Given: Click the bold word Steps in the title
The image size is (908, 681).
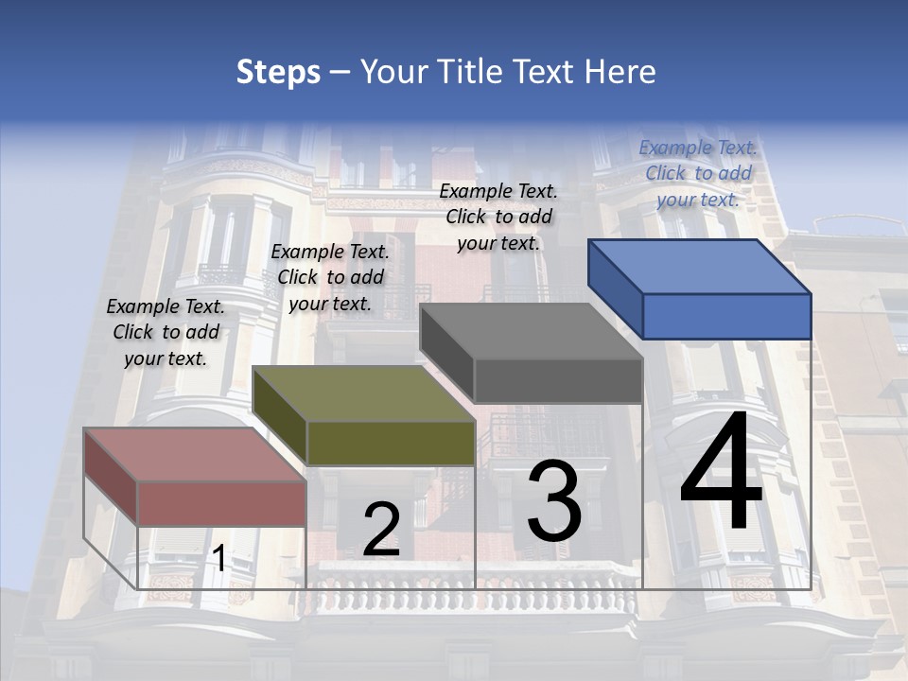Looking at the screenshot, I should pos(278,72).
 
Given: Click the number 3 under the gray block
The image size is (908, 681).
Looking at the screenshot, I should pos(554,500).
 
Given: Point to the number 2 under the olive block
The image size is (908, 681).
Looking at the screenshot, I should pos(381,530).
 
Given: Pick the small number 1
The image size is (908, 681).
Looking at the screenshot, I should pos(218,559).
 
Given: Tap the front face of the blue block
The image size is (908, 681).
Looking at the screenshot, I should pos(726,316).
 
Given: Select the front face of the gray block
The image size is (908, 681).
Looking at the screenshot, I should pos(558,380).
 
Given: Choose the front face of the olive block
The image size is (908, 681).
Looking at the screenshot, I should pos(391,443).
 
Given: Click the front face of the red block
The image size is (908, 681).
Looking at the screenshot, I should pos(221,503).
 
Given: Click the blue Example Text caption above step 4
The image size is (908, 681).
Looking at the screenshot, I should pos(698,173).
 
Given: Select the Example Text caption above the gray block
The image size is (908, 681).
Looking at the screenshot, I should pos(498,217).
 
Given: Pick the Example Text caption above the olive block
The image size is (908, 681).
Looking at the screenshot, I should pos(330,277).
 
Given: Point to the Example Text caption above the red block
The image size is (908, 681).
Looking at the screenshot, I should pos(166,332).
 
